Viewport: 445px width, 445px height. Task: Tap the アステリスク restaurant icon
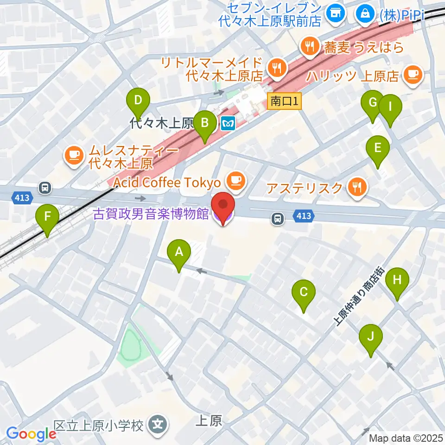click(356, 188)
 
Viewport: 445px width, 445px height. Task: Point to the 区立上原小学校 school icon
click(158, 424)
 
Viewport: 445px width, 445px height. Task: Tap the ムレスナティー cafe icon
click(74, 155)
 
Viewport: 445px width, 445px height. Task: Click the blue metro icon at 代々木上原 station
click(229, 123)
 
